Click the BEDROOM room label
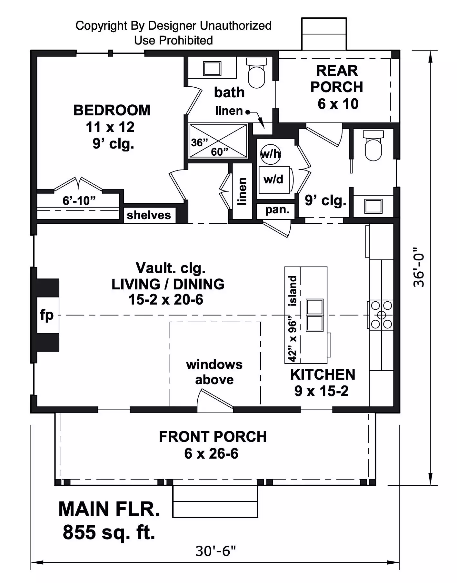[x=112, y=111]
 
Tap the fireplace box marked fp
[x=47, y=315]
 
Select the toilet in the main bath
[x=256, y=74]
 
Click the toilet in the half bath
[x=373, y=147]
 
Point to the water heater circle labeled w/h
[x=270, y=154]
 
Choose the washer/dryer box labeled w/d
[x=274, y=180]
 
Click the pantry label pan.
[x=277, y=210]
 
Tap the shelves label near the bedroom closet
[x=149, y=215]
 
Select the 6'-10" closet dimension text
[x=79, y=200]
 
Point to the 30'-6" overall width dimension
[x=215, y=551]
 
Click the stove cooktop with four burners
[x=381, y=315]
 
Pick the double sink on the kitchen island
[x=314, y=315]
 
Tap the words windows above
[x=214, y=372]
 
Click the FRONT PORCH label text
[x=213, y=437]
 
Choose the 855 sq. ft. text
[x=109, y=532]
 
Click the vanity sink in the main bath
[x=212, y=68]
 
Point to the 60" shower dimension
[x=220, y=151]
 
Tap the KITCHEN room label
[x=323, y=375]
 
